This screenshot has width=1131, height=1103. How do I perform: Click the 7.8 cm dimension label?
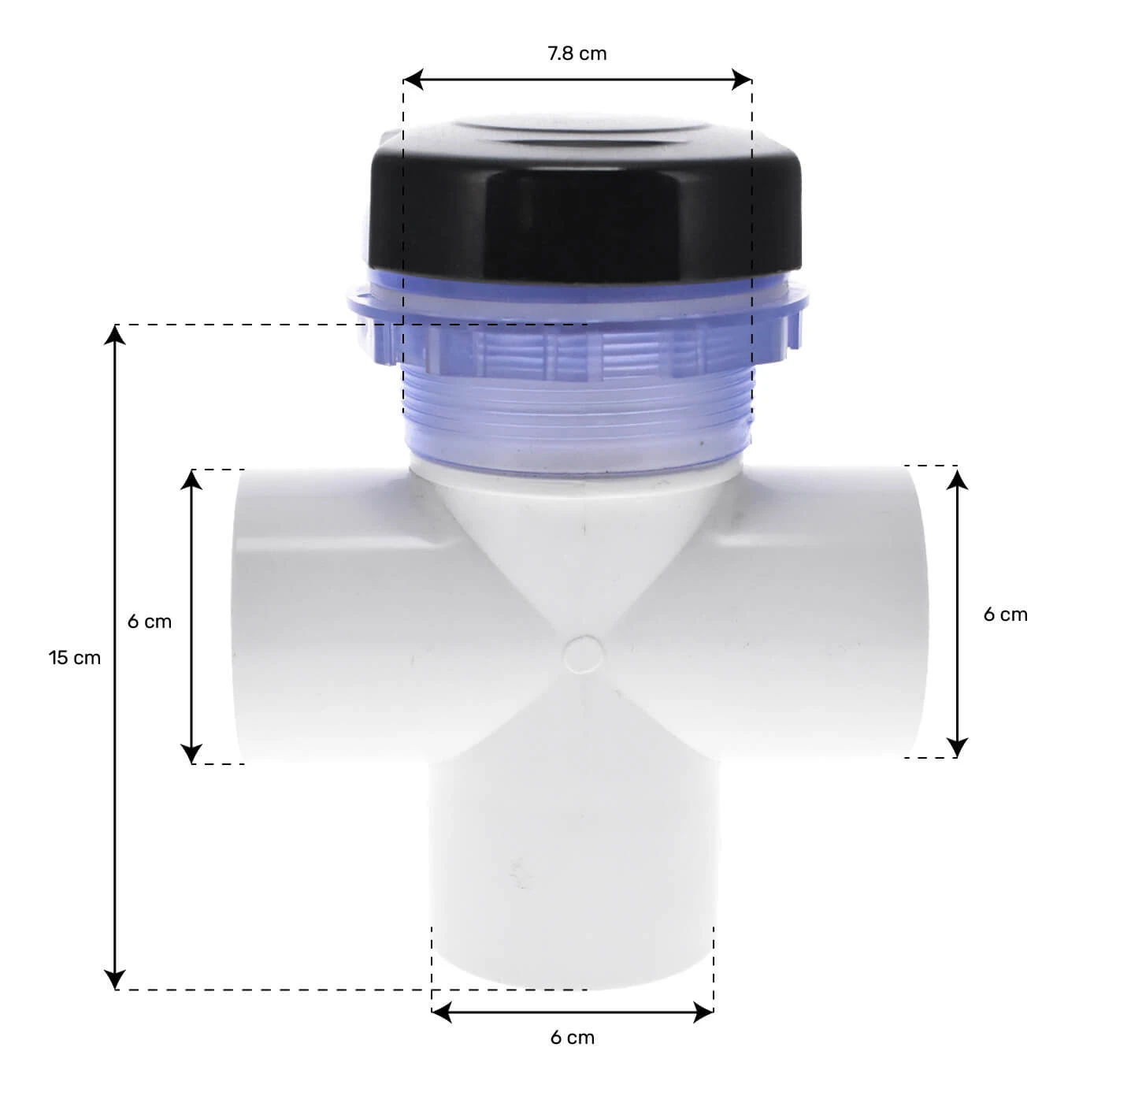click(x=577, y=54)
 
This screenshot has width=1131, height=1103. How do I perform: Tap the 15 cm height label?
click(x=75, y=658)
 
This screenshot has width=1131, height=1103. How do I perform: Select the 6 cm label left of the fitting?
click(x=150, y=622)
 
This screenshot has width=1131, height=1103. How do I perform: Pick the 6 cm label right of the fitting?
click(x=1006, y=614)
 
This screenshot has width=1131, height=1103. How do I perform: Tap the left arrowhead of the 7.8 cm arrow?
click(x=413, y=80)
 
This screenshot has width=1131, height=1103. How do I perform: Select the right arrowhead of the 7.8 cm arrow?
click(x=742, y=80)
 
